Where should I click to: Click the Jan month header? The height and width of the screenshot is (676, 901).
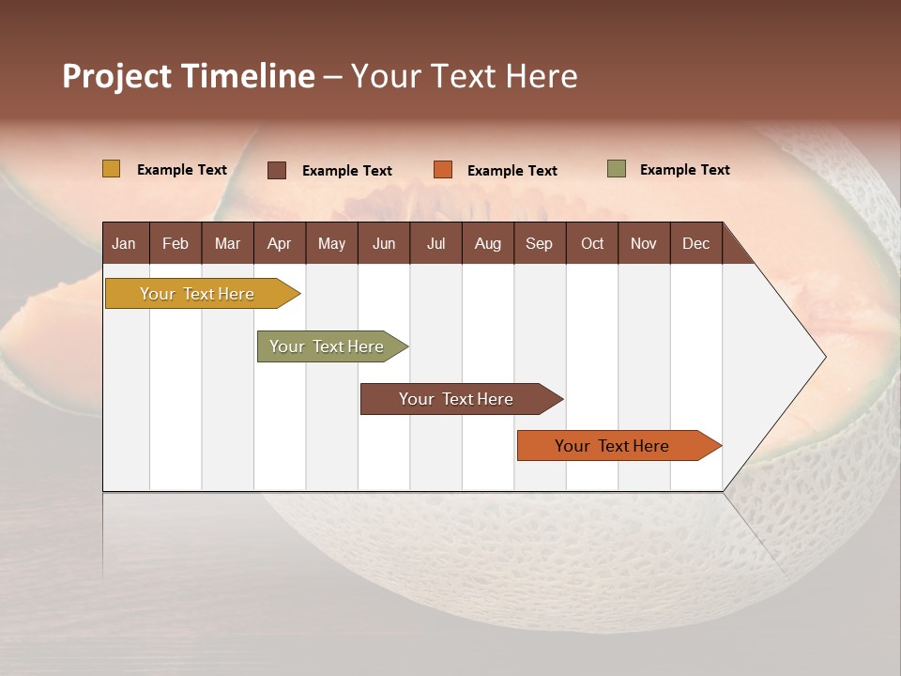[x=125, y=243]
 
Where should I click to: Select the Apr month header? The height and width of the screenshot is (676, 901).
[x=279, y=243]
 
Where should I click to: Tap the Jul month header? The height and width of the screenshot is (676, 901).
[x=435, y=243]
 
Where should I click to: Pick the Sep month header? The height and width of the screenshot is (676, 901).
[x=539, y=243]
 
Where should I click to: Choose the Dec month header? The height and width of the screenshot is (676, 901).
[x=695, y=243]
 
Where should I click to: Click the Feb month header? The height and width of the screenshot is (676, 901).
[x=176, y=243]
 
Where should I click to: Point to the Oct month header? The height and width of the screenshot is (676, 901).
[x=592, y=243]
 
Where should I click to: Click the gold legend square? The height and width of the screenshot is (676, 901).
[x=112, y=169]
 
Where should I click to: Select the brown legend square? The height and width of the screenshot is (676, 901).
[x=277, y=170]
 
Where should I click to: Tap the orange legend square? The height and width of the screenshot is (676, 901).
[x=443, y=170]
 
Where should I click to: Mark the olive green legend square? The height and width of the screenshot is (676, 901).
[x=617, y=169]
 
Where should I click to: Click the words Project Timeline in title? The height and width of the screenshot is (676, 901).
[x=189, y=76]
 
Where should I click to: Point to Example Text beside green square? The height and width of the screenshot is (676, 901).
[x=684, y=170]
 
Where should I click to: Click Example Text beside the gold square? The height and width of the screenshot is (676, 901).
[x=182, y=170]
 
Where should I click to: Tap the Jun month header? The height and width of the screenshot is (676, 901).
[x=384, y=243]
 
